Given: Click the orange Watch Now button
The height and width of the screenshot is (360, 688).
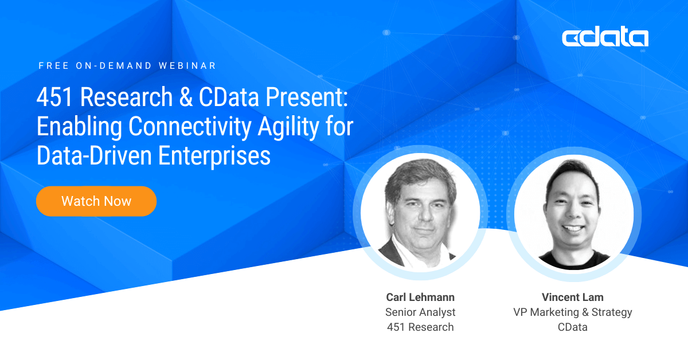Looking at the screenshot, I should click(x=96, y=201).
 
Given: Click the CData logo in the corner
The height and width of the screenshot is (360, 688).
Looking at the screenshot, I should click(x=605, y=38).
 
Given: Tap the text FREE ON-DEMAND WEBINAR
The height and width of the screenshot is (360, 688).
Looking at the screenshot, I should click(x=127, y=66).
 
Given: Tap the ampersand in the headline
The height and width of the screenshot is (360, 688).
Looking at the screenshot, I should click(x=186, y=97).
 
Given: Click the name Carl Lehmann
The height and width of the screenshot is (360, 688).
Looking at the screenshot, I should click(x=420, y=297).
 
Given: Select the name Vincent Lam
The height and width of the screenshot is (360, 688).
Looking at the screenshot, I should click(x=572, y=297).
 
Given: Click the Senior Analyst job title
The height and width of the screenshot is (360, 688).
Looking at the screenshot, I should click(x=420, y=312).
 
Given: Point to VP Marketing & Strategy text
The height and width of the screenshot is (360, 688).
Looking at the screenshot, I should click(x=572, y=312).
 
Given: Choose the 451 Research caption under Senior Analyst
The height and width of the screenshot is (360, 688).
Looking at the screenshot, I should click(x=420, y=327).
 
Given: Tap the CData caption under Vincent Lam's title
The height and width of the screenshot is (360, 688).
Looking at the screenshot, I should click(x=572, y=327).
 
